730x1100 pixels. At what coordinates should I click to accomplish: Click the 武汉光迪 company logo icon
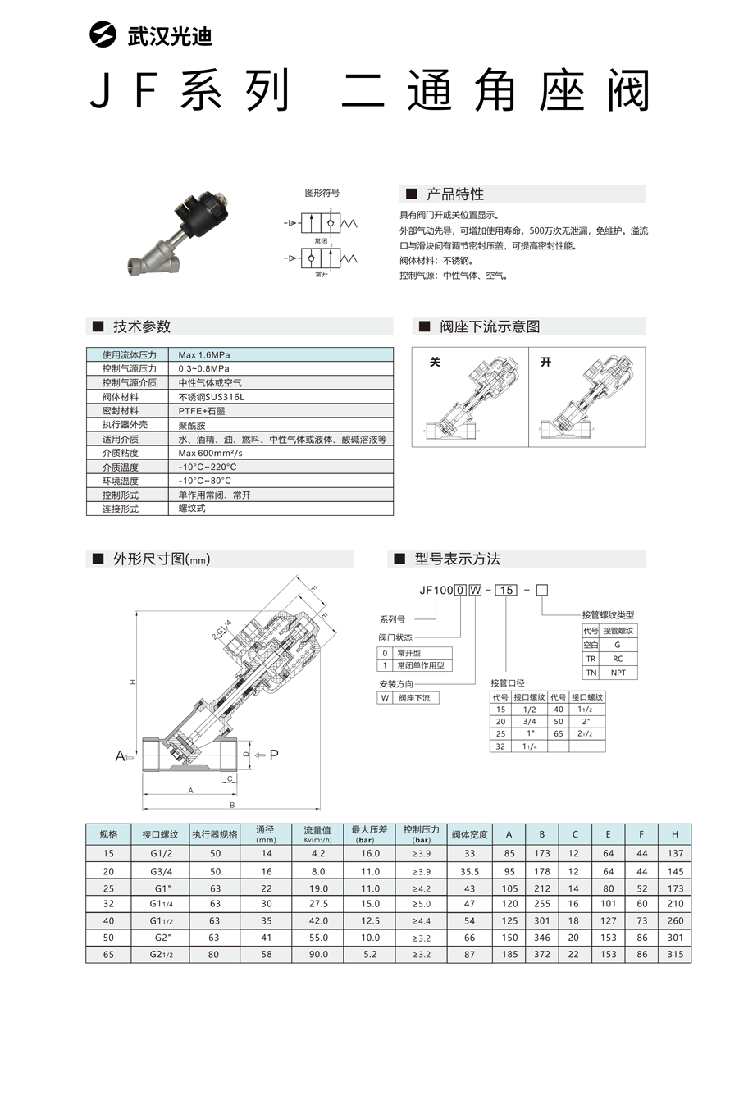tap(103, 36)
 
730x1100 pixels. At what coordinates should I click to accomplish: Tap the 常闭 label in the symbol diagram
tap(321, 242)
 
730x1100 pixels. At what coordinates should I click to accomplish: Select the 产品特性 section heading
tap(454, 194)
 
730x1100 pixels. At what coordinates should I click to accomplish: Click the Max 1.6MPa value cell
tap(204, 355)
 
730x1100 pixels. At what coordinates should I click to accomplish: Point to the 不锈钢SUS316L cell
tap(211, 397)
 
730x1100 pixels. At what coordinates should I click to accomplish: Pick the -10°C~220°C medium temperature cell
tap(208, 467)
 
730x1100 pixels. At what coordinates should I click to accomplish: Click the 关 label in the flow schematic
tap(436, 362)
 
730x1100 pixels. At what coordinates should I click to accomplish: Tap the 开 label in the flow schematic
tap(546, 362)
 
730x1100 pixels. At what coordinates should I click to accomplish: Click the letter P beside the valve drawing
tap(274, 755)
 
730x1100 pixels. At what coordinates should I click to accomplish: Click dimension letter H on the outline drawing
tap(131, 682)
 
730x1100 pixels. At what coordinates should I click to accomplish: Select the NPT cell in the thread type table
tap(618, 673)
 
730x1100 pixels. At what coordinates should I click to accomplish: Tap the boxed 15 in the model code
tap(508, 589)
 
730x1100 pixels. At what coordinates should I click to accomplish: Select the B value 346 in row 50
tap(542, 937)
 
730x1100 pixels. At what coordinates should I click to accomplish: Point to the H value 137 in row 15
tap(675, 853)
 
